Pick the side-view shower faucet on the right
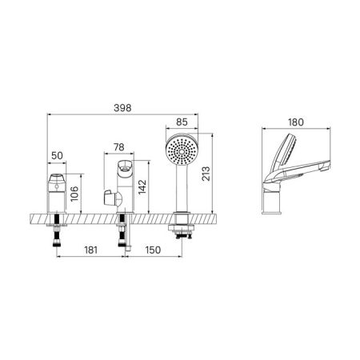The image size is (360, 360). click(295, 172)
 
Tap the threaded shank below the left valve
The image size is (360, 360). click(58, 235)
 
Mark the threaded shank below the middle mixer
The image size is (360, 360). click(122, 237)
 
